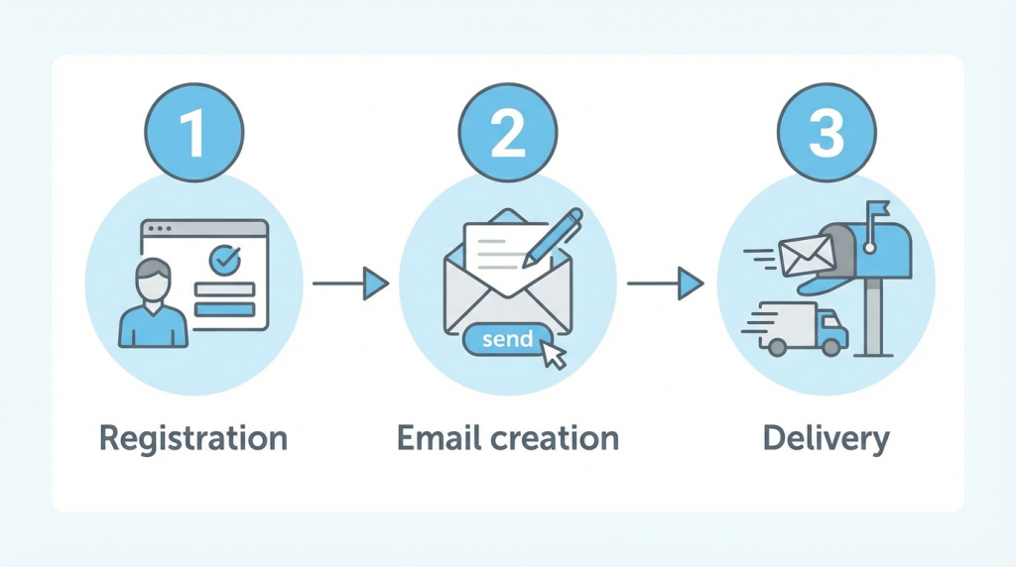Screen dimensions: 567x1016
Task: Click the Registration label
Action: [x=193, y=437]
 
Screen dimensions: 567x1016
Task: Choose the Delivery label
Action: [x=825, y=437]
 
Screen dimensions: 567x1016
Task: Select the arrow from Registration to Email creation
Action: [x=349, y=284]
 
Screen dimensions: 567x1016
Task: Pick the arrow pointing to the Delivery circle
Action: [x=665, y=284]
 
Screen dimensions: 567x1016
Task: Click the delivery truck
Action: [x=803, y=329]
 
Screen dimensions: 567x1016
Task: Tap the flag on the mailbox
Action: [x=876, y=211]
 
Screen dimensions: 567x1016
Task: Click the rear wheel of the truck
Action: [x=778, y=347]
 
